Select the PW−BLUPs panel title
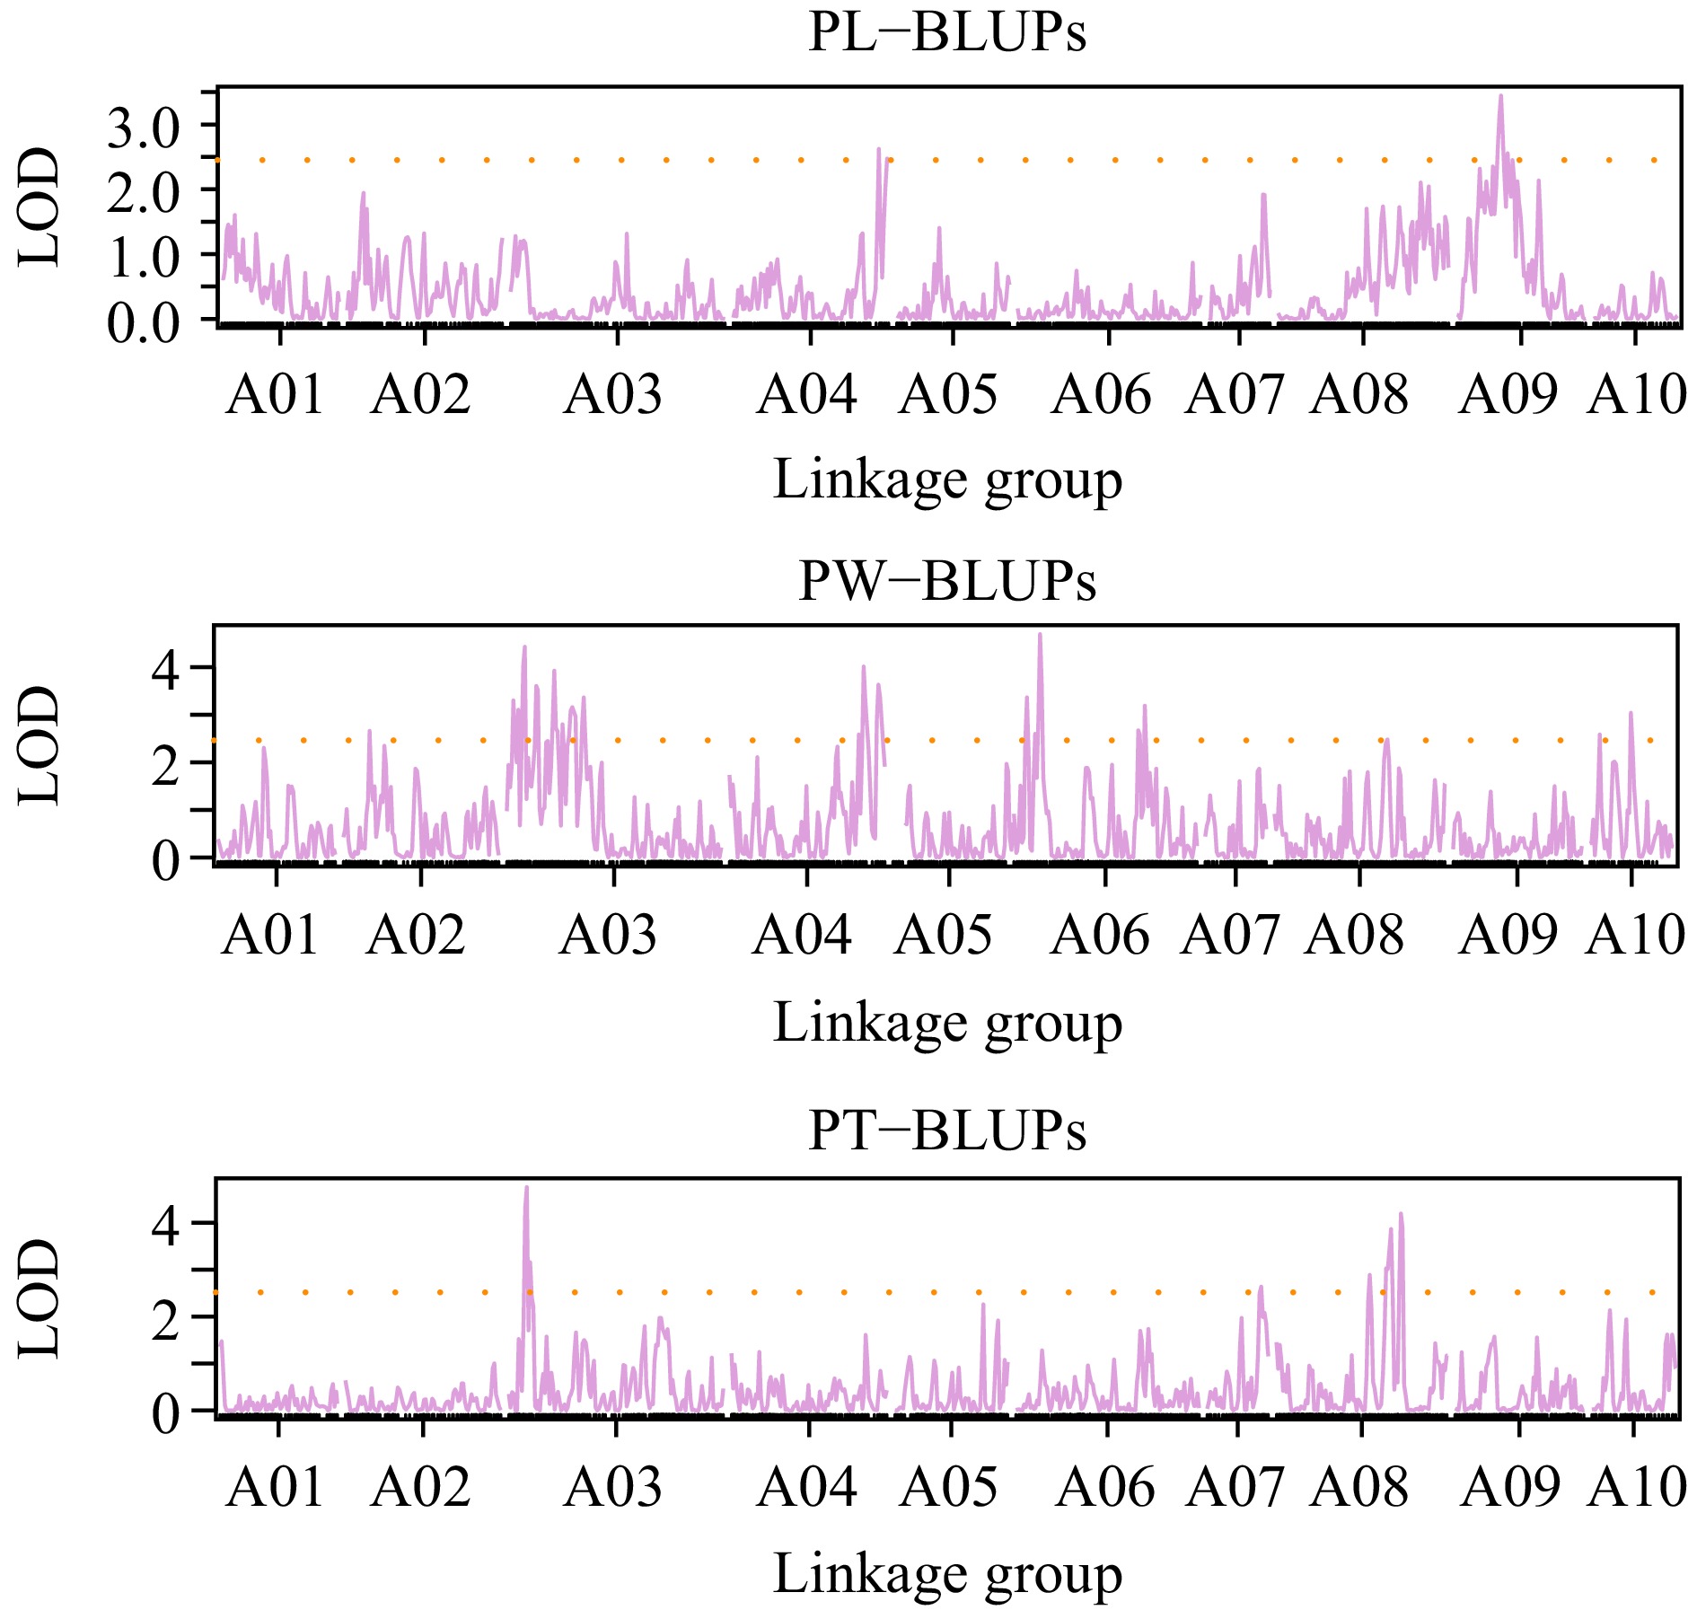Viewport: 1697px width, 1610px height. point(946,581)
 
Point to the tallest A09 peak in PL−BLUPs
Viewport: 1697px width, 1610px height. point(1500,97)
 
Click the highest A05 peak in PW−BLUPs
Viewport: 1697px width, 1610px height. point(1040,636)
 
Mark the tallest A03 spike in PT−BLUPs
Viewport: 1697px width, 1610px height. point(526,1188)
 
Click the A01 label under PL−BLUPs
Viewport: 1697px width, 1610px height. point(275,395)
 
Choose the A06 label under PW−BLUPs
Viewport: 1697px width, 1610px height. point(1100,936)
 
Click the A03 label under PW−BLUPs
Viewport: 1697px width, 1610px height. point(608,936)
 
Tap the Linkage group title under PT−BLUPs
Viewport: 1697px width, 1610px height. point(947,1574)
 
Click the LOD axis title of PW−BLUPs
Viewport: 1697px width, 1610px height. point(40,744)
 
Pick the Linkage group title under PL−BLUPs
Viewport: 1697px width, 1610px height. point(947,480)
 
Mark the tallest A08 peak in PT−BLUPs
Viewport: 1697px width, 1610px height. point(1401,1215)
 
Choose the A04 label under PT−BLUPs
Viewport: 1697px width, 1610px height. point(806,1488)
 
